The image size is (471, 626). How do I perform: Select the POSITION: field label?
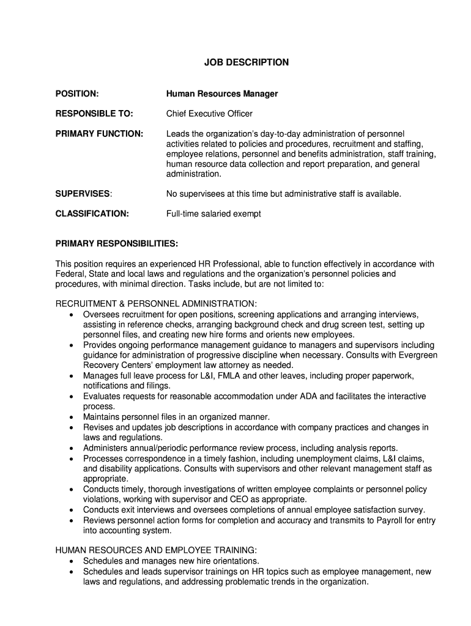77,94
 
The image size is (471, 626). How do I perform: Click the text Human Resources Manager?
222,94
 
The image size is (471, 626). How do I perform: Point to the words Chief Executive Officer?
209,114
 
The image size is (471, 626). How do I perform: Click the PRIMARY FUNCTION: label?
100,133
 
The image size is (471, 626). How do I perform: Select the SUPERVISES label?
83,194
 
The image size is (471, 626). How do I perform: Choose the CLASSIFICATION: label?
92,214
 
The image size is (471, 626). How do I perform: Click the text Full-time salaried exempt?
213,214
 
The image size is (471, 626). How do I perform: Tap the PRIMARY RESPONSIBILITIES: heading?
117,244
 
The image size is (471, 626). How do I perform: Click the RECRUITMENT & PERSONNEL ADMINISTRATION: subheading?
157,304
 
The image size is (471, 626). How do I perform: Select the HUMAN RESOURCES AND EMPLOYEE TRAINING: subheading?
152,550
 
